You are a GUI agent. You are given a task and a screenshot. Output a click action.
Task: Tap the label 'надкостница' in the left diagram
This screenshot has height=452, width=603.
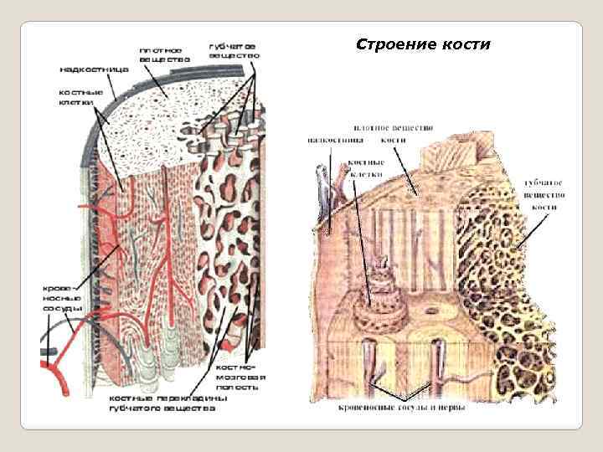(x=93, y=69)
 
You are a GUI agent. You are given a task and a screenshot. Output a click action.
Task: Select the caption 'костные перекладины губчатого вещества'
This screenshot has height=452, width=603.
(x=167, y=403)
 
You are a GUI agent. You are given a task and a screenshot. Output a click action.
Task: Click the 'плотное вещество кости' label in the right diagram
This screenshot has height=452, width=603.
(x=387, y=132)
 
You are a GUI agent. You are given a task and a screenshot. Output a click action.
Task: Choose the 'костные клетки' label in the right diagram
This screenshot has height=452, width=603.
(x=366, y=168)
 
